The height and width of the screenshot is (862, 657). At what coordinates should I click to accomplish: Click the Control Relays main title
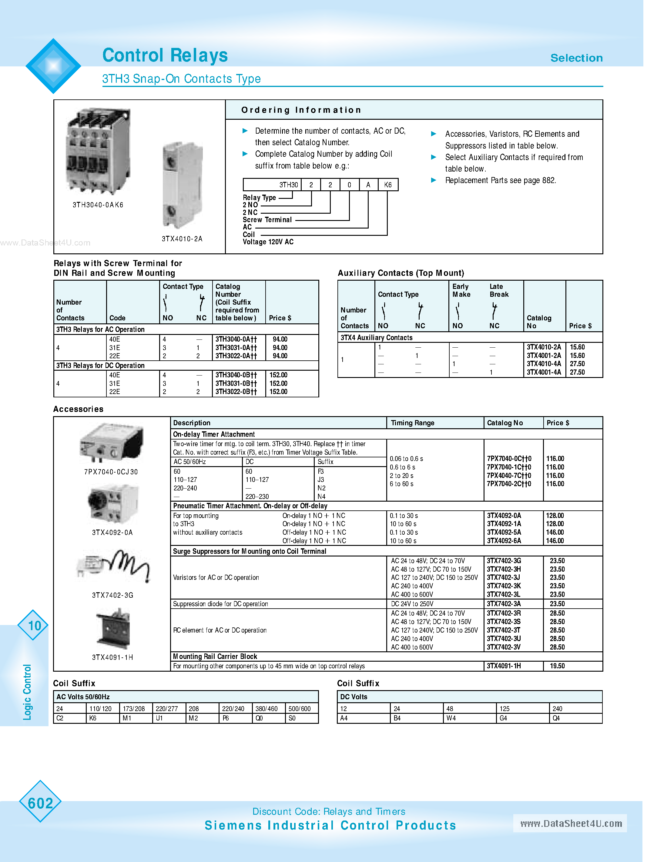coord(165,55)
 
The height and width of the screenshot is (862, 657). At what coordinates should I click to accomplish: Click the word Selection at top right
coord(576,58)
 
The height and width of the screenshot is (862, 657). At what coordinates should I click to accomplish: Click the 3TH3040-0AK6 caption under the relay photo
coord(98,205)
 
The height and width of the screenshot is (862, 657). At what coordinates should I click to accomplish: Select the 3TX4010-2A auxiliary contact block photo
coord(183,185)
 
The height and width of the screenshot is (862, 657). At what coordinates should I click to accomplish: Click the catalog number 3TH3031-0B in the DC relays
coord(236,383)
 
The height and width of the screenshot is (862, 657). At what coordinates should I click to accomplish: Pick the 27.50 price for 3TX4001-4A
coord(577,372)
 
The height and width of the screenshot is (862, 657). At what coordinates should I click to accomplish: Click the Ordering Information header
coord(301,110)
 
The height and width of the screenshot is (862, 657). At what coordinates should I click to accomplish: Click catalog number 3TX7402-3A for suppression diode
coord(504,603)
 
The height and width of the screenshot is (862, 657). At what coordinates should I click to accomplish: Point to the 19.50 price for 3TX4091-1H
coord(557,666)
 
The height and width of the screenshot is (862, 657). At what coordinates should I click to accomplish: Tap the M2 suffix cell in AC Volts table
coord(193,718)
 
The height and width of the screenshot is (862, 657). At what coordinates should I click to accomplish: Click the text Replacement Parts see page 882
coord(500,180)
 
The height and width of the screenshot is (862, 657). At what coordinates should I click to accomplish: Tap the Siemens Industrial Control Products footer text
coord(330,825)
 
